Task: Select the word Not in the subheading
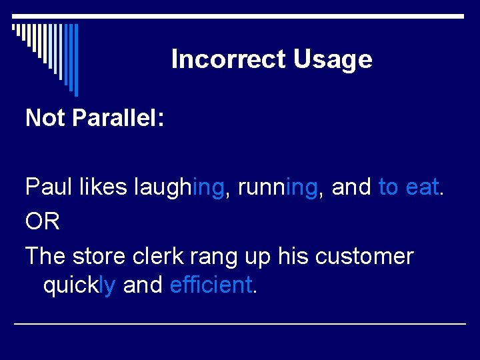(45, 118)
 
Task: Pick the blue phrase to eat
(409, 187)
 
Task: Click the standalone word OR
(43, 222)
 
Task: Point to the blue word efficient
(211, 285)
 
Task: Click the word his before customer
(291, 256)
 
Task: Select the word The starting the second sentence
(45, 256)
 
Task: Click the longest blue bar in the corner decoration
(76, 60)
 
